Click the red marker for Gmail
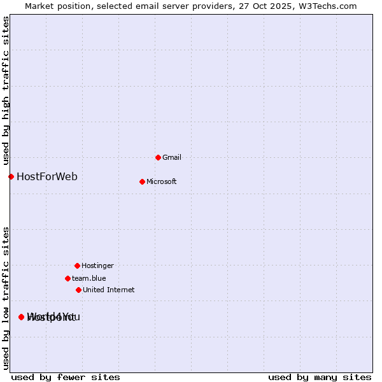point(158,157)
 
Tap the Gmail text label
point(172,157)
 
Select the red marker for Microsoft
point(142,181)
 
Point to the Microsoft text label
point(161,181)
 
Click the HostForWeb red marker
point(11,176)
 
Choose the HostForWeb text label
point(47,176)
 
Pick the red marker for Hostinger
point(77,265)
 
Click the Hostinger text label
point(97,265)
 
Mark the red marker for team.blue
point(67,278)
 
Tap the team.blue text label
point(88,278)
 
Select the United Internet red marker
point(78,290)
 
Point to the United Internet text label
point(108,290)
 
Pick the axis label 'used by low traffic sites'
point(6,297)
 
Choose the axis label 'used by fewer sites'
point(66,377)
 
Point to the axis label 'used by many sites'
point(320,377)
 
